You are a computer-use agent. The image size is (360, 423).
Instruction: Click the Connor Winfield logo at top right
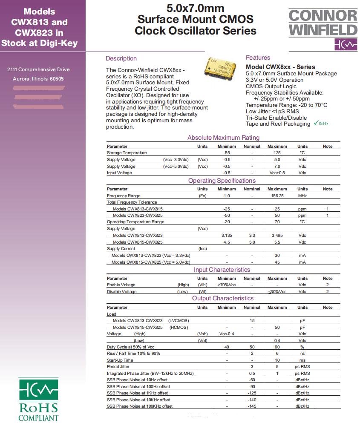coord(323,29)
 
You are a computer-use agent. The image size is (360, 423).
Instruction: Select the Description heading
coord(121,58)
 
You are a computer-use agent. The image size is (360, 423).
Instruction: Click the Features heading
coord(258,58)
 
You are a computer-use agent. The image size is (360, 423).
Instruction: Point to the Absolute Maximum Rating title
coord(223,138)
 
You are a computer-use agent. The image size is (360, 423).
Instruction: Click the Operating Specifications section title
coord(222,181)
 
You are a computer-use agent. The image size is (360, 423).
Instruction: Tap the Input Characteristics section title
coord(222,270)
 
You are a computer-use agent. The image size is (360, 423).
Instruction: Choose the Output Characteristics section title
coord(222,298)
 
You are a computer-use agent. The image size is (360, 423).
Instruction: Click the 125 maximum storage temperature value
coord(277,153)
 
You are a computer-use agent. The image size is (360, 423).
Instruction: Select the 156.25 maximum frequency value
coord(277,196)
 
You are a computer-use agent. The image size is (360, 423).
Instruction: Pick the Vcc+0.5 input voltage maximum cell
coord(277,173)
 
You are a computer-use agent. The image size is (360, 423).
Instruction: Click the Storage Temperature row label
coord(127,153)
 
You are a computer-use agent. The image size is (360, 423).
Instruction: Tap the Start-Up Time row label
coord(120,360)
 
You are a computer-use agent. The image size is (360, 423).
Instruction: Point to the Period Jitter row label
coord(118,367)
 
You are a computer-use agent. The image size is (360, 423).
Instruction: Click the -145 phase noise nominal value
coord(252,406)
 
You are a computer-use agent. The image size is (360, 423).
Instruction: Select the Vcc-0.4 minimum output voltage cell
coord(227,334)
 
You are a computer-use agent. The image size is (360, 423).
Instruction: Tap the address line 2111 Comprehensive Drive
coord(38,69)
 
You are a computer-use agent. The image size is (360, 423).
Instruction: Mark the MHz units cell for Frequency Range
coord(302,196)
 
